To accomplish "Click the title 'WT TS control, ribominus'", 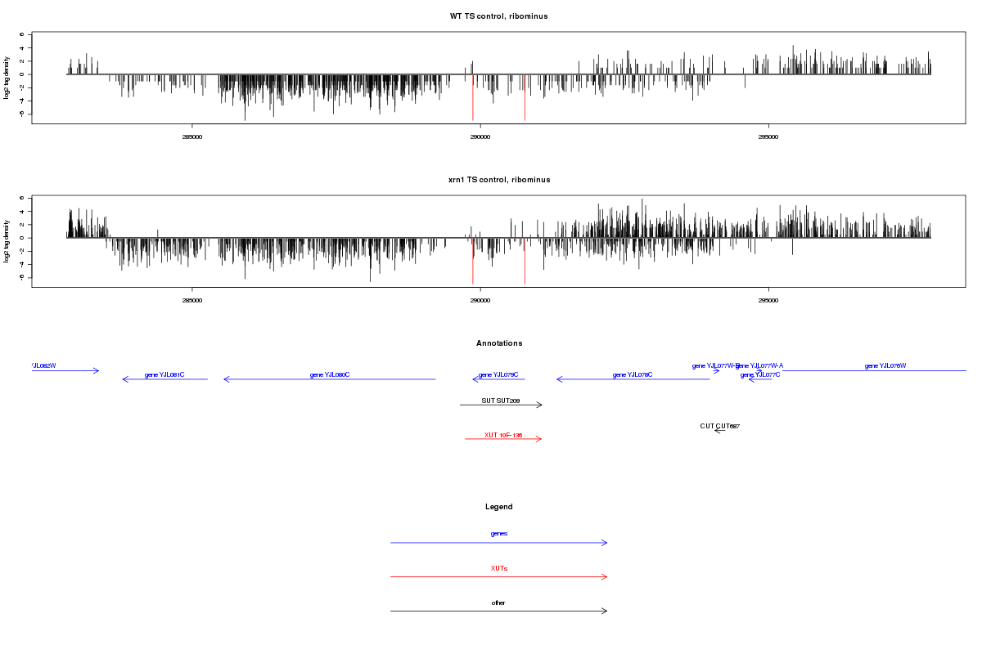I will pyautogui.click(x=498, y=16).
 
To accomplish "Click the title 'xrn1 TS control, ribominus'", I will pyautogui.click(x=498, y=180).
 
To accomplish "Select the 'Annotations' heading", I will pyautogui.click(x=498, y=343).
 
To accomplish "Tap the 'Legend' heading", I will pyautogui.click(x=498, y=507).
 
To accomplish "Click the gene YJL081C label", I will pyautogui.click(x=164, y=374).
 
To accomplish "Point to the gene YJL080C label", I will pyautogui.click(x=330, y=374).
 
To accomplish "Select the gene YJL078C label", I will pyautogui.click(x=633, y=374).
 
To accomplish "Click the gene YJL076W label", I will pyautogui.click(x=885, y=365).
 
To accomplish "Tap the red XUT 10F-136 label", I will pyautogui.click(x=502, y=435).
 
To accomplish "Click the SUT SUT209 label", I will pyautogui.click(x=501, y=401).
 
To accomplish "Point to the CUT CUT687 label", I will pyautogui.click(x=719, y=426).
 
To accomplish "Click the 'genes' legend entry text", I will pyautogui.click(x=498, y=534).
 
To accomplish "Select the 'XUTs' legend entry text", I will pyautogui.click(x=498, y=568).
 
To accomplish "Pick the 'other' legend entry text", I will pyautogui.click(x=498, y=602).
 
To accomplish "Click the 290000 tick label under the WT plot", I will pyautogui.click(x=480, y=137).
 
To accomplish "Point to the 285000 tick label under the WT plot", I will pyautogui.click(x=191, y=137).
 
